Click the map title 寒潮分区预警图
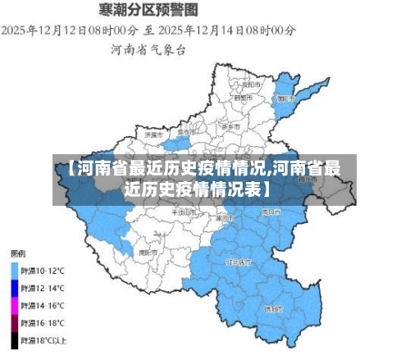[148, 11]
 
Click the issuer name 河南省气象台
[148, 50]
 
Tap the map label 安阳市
[253, 84]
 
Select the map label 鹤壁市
[242, 98]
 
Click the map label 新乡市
[230, 127]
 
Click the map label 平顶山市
[182, 212]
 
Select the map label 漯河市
[224, 219]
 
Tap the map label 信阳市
[273, 309]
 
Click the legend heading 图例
[18, 253]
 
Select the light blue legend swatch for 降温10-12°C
[15, 269]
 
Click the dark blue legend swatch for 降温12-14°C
[15, 287]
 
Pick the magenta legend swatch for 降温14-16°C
[15, 304]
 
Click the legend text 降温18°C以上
[45, 339]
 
